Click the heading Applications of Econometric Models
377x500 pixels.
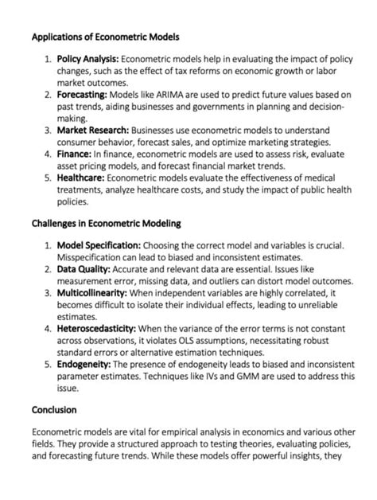click(105, 37)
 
